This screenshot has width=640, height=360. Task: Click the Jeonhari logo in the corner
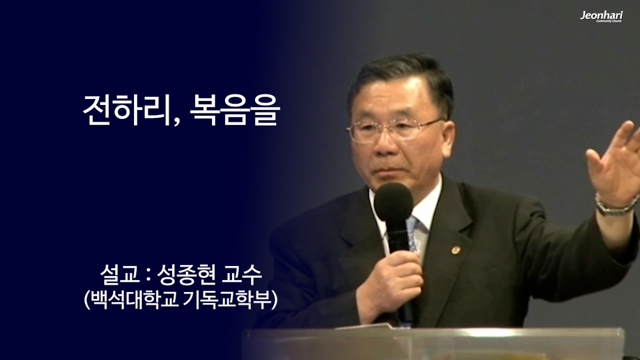601,16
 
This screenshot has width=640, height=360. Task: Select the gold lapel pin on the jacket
455,250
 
